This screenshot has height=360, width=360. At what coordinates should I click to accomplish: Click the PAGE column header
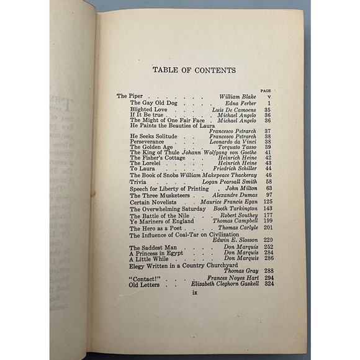266,91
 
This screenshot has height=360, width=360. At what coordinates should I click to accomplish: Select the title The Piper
130,97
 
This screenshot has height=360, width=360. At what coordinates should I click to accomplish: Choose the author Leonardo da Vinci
233,142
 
